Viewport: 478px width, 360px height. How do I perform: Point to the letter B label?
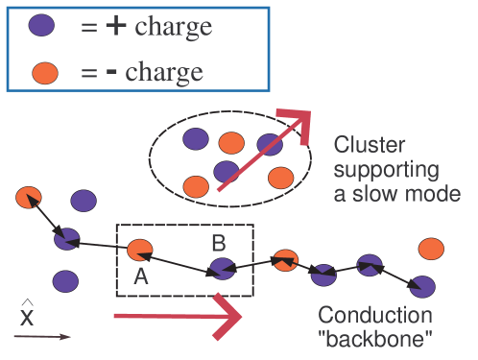[218, 243]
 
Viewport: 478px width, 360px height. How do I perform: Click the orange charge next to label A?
[139, 252]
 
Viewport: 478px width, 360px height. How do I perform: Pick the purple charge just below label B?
[223, 270]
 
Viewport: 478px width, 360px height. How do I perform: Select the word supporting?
[386, 171]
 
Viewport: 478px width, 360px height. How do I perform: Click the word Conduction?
[375, 316]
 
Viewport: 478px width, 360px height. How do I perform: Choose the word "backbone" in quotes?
[376, 339]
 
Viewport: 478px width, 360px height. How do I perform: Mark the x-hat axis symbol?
[27, 314]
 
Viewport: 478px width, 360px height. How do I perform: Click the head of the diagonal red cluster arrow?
[299, 122]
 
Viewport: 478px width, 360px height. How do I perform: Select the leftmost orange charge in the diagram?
[28, 198]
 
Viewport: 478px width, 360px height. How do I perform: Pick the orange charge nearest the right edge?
[431, 250]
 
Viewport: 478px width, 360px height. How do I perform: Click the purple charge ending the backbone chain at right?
[422, 285]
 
